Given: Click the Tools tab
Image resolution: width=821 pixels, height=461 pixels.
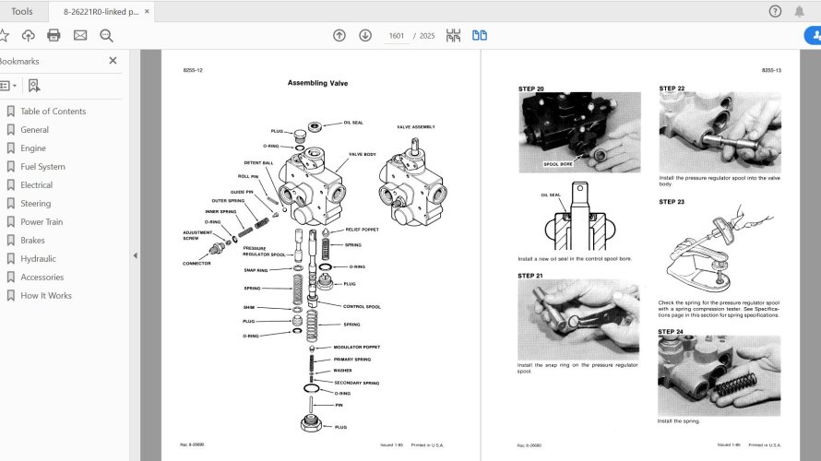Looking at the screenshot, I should [21, 11].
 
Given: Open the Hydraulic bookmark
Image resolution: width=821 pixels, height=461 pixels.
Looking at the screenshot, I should [38, 259].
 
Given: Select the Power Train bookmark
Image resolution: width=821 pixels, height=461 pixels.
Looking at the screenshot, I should [42, 222].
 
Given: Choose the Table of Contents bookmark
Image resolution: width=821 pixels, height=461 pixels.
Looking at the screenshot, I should [53, 112].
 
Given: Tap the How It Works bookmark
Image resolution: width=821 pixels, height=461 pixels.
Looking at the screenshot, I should [46, 296].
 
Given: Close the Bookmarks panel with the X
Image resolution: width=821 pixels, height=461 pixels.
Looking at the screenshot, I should [113, 61].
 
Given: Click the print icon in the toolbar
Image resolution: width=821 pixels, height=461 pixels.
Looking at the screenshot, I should [54, 36].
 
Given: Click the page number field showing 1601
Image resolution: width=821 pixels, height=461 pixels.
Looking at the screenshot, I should [397, 36].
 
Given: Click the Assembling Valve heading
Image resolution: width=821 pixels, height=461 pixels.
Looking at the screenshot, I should [317, 84].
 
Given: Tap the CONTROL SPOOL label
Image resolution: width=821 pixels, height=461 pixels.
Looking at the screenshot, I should [362, 306].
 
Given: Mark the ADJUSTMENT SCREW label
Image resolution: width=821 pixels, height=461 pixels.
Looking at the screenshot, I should [196, 235].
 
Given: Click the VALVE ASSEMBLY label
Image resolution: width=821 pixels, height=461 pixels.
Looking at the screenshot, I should [415, 126].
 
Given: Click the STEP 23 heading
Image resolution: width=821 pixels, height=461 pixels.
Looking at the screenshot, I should [672, 201].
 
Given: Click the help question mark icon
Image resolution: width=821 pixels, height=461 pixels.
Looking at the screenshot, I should [775, 11].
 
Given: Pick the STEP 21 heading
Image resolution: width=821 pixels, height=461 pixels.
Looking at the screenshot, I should [530, 276].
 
